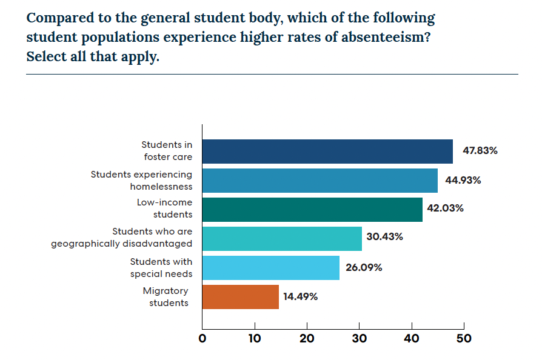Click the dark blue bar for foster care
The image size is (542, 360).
pos(327,152)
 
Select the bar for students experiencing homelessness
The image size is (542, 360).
pos(320,181)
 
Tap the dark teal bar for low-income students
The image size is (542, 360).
pos(312,210)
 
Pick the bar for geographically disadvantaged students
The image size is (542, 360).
pos(282,239)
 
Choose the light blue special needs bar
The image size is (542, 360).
pos(270,268)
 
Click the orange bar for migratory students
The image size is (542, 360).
pos(240,297)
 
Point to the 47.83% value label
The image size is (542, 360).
pos(480,151)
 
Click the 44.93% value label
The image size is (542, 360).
pos(464,180)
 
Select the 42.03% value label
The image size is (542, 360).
pos(446,208)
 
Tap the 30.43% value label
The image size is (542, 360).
pos(385,237)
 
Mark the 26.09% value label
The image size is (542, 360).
pos(364,267)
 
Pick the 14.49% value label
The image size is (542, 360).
pos(301,297)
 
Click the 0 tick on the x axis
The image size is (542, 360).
pos(202,339)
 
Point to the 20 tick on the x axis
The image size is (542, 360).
pos(307,339)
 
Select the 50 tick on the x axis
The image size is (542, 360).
pos(463,339)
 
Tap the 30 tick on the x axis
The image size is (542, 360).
pos(359,339)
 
